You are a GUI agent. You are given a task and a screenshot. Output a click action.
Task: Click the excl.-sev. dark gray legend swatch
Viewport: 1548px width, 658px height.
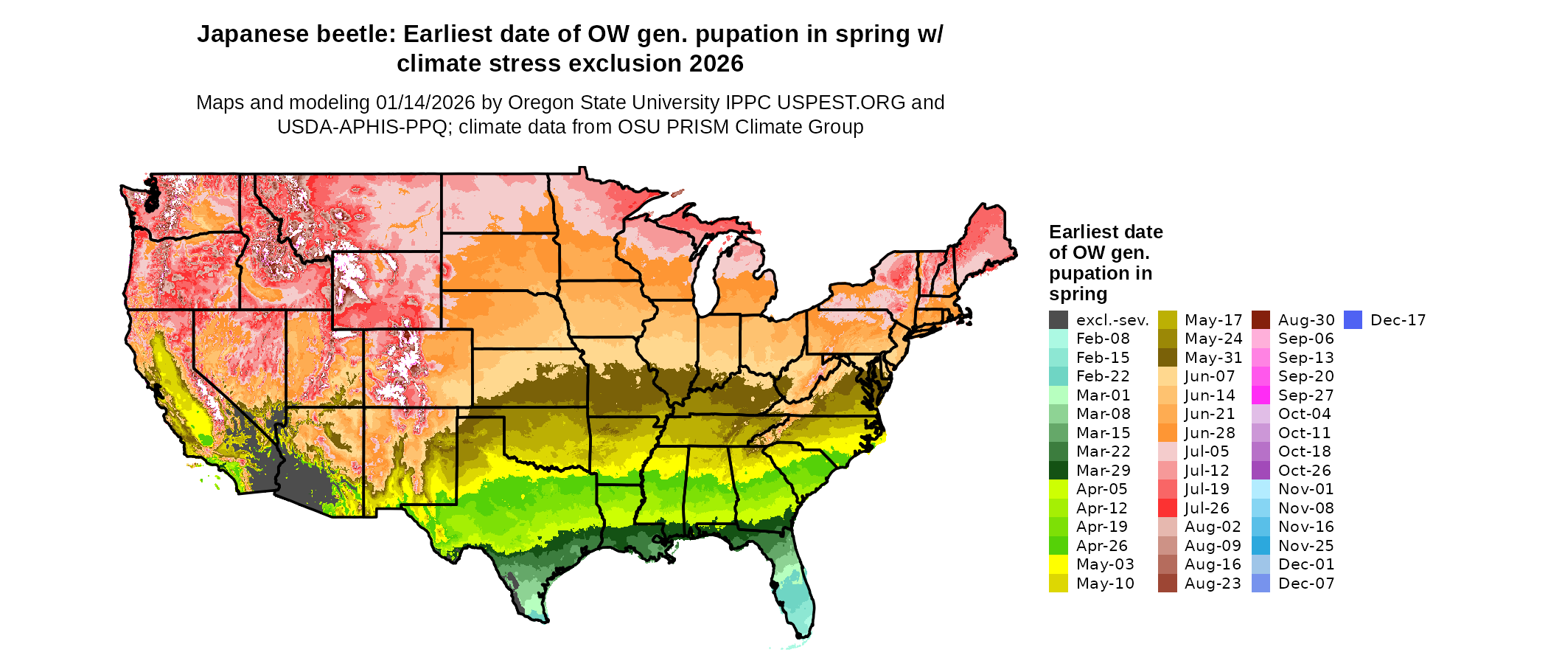[1058, 320]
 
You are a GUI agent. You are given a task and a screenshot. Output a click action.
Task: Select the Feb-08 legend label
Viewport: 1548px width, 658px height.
[1103, 339]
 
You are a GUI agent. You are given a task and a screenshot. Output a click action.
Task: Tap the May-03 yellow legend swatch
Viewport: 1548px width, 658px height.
[1058, 564]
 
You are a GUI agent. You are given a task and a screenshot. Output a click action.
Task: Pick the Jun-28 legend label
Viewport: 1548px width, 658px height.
[1210, 433]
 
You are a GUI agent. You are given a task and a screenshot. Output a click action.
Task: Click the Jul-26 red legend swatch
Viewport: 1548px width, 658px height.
[1167, 508]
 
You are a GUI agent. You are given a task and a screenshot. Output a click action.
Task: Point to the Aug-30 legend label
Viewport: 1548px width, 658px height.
[1306, 320]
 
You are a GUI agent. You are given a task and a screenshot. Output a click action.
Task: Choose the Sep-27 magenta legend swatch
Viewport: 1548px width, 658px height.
[1261, 395]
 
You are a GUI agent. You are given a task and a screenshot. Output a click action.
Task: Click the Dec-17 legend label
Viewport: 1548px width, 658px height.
[1398, 320]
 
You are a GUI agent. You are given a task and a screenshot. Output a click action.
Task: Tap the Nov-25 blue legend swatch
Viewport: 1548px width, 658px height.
[1261, 546]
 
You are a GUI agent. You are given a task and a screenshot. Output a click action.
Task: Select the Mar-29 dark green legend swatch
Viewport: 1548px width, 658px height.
[1058, 471]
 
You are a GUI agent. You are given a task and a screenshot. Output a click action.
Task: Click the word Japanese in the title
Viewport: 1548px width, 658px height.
[249, 35]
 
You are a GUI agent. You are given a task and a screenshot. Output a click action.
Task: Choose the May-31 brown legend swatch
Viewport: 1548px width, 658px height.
[1167, 358]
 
